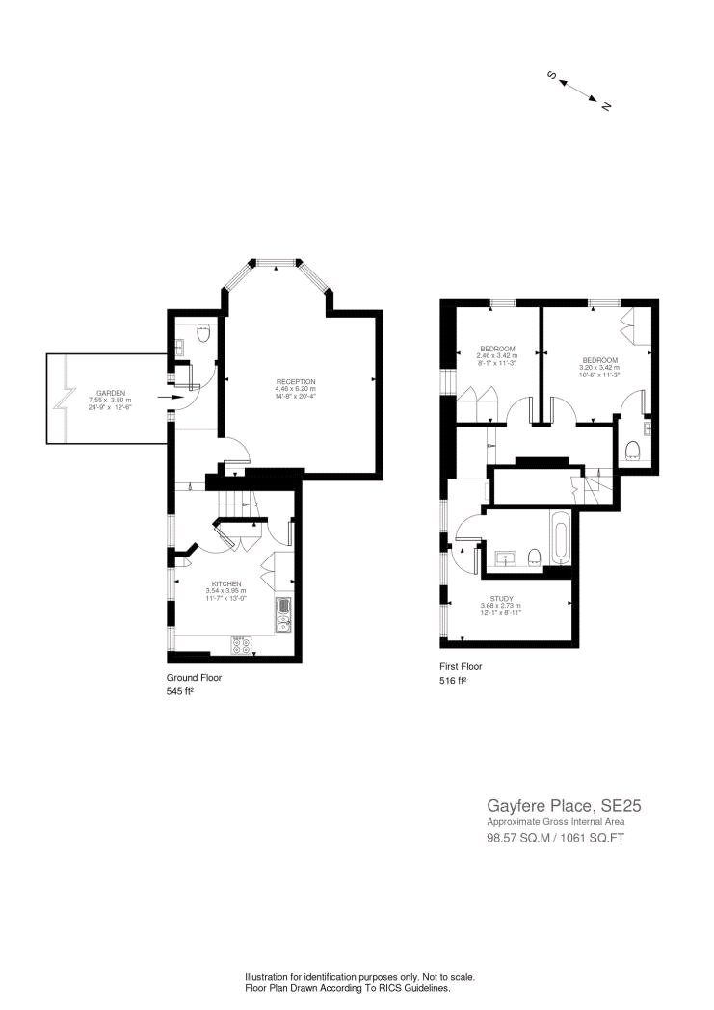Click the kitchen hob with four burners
[x=242, y=645]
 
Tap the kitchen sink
[x=283, y=615]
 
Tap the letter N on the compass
[x=607, y=106]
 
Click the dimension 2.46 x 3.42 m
[x=497, y=355]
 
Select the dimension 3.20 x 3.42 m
[x=598, y=366]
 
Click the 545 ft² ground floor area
[x=180, y=690]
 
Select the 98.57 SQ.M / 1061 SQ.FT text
[x=556, y=838]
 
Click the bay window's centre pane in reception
[x=278, y=261]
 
